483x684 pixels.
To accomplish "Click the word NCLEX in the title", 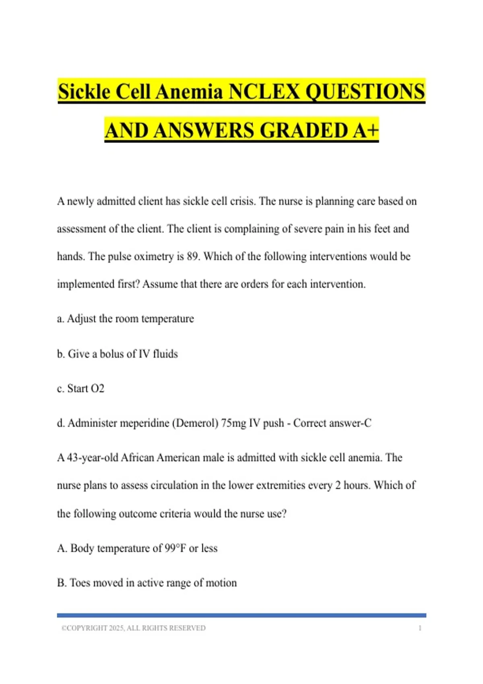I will (x=264, y=91).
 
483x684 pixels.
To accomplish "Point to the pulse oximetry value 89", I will (x=193, y=256).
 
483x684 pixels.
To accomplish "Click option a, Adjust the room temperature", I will (x=125, y=319).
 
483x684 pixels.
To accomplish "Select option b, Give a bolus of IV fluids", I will (x=117, y=354).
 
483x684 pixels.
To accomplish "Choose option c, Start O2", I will (x=80, y=388).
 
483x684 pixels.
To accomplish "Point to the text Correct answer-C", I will (x=332, y=423).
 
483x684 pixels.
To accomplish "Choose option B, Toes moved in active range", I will (x=147, y=583).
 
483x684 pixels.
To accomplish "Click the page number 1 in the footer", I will (x=420, y=628).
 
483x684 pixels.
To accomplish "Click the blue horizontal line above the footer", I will (x=242, y=615).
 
